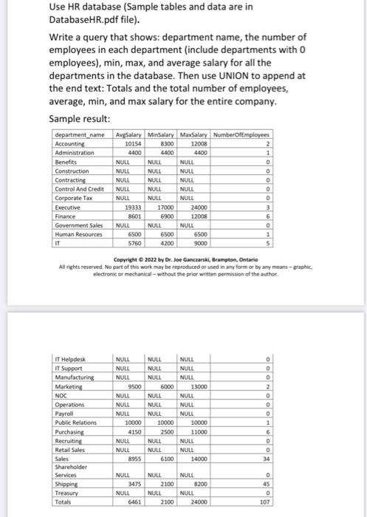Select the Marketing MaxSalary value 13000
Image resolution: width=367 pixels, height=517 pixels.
199,385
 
